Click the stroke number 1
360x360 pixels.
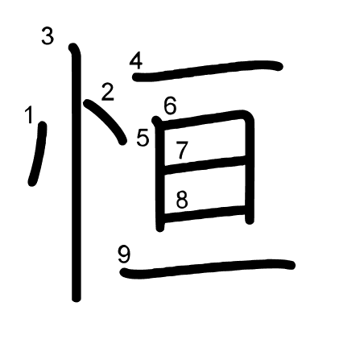click(29, 115)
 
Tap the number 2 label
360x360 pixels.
click(108, 92)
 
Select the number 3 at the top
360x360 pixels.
click(48, 36)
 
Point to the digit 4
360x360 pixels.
click(136, 61)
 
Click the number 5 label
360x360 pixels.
click(143, 138)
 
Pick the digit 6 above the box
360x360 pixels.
click(170, 106)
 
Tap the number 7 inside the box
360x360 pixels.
click(182, 150)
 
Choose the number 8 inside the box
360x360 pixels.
click(182, 200)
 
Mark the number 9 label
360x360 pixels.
click(124, 254)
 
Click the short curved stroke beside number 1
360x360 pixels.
click(39, 154)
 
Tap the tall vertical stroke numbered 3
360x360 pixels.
click(77, 172)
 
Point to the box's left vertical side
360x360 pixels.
click(160, 175)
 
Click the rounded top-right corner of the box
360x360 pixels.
click(248, 116)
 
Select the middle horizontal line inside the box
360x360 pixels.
click(205, 164)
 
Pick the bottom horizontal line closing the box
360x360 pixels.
click(205, 214)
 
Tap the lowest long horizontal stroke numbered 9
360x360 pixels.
click(207, 268)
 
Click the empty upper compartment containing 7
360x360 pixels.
click(205, 143)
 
